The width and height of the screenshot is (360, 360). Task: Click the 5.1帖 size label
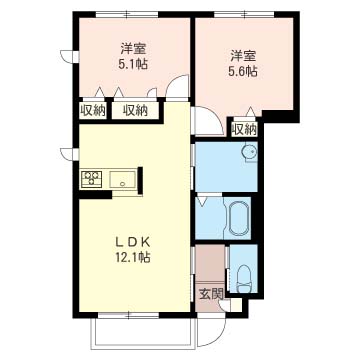pos(133,63)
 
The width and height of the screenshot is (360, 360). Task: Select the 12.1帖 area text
pos(133,257)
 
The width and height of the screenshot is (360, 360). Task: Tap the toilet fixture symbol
pos(245,278)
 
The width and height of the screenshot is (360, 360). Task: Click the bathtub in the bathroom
pos(239,218)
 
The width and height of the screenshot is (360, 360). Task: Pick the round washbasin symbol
pos(249,152)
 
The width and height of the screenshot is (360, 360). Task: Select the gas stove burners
pos(91,179)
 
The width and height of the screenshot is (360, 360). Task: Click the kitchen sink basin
pos(123,179)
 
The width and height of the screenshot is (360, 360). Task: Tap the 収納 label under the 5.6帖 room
pos(245,129)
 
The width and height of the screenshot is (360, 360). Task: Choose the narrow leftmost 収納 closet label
pos(92,111)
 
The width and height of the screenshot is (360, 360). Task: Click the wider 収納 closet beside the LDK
pos(135,111)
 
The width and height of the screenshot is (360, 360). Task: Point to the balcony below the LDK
pos(143,333)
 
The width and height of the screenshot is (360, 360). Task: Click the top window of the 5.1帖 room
pos(127,14)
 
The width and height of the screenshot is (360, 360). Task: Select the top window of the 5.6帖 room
pos(244,14)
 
